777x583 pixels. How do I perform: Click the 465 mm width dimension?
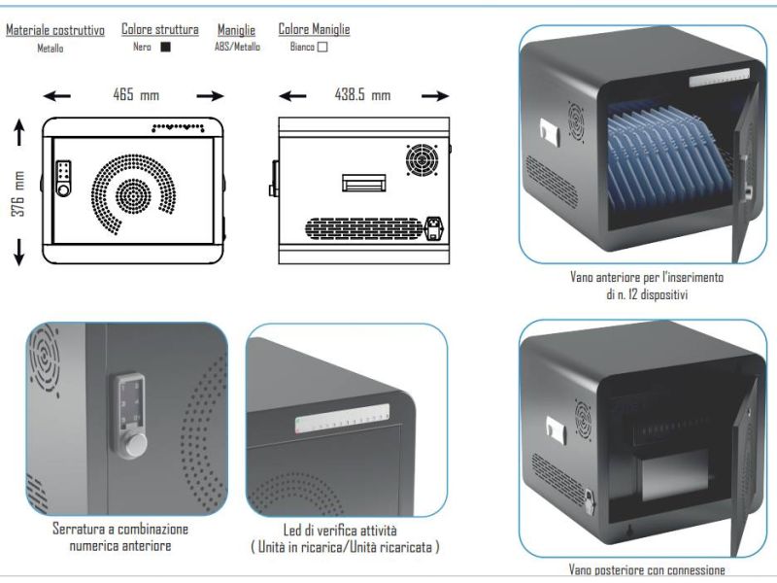tap(135, 95)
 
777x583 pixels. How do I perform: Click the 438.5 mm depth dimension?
tap(363, 95)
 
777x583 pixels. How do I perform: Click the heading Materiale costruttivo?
tap(55, 30)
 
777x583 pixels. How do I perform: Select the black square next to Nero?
tap(165, 47)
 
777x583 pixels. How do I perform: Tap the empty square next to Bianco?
tap(322, 46)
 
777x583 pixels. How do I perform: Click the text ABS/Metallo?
tap(237, 47)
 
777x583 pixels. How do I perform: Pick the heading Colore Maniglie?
tap(314, 30)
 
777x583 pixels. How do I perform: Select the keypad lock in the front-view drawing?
tap(64, 177)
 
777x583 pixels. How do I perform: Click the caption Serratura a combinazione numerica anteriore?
tap(121, 537)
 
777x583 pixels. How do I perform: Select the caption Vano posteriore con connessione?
tap(647, 570)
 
